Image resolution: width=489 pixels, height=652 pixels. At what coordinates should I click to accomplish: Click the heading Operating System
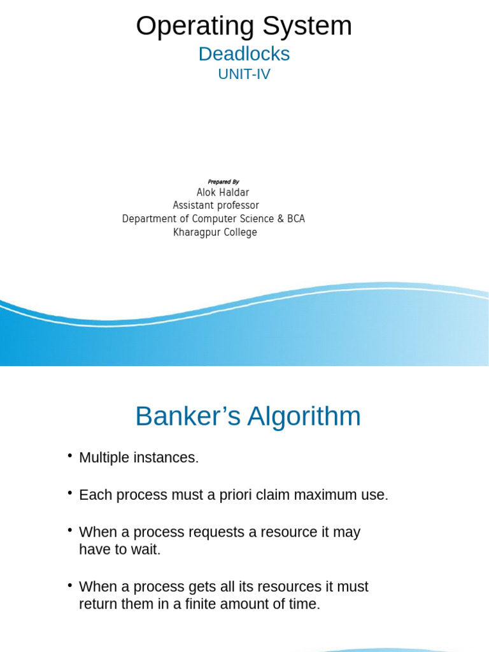point(244,26)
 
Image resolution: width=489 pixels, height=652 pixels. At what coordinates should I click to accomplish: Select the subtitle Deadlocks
point(244,54)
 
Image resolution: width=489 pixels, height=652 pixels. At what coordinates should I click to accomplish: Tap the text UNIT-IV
point(244,74)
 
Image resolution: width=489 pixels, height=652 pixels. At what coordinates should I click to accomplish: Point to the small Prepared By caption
point(223,182)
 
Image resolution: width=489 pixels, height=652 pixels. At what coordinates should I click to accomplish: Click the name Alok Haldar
point(223,192)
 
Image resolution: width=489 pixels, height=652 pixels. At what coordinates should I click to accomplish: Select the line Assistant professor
point(216,206)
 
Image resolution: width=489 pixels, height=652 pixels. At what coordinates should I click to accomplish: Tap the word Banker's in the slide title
point(188,417)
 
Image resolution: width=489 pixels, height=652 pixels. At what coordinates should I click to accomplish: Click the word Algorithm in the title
point(304,417)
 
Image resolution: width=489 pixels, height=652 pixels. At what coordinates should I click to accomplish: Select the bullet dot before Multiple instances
point(70,456)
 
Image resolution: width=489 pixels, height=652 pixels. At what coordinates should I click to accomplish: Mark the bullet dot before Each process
point(70,493)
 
